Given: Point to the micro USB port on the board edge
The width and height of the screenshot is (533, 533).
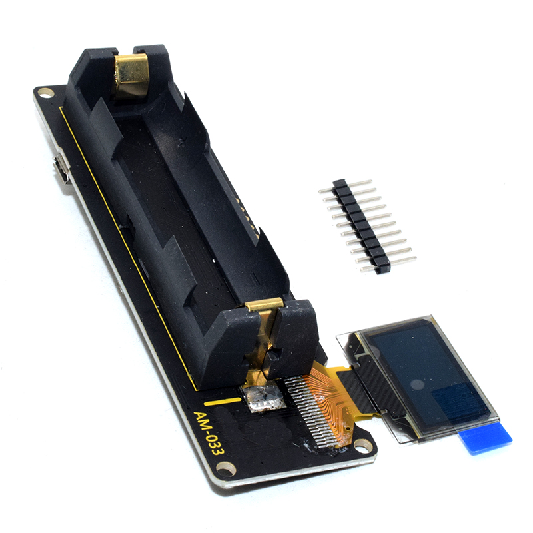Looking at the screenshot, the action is [x=61, y=170].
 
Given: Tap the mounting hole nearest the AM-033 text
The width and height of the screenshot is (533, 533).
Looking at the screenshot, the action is [x=226, y=469].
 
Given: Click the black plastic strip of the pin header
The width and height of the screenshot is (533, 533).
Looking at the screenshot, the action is [x=361, y=227].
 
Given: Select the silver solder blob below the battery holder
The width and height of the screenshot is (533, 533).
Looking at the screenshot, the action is [x=264, y=398].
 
